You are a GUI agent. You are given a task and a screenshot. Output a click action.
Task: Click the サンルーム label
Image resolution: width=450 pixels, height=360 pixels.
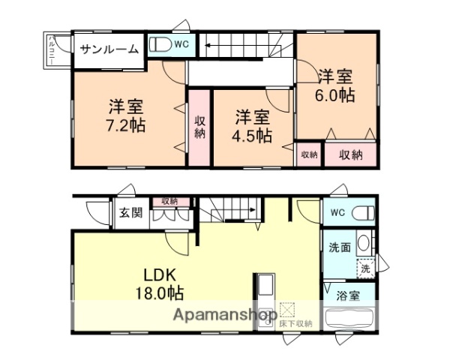[109, 50]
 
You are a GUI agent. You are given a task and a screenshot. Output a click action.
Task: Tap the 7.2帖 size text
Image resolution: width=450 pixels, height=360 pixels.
[125, 124]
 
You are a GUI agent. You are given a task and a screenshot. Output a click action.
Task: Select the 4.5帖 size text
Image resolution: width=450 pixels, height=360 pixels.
[252, 136]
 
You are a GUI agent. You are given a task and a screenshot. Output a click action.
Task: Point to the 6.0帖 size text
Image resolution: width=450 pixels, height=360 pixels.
[335, 95]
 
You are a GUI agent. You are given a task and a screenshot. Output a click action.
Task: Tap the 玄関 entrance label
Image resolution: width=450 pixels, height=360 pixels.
[130, 212]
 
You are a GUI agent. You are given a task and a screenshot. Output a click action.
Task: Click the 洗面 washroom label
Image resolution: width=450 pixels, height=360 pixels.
[337, 247]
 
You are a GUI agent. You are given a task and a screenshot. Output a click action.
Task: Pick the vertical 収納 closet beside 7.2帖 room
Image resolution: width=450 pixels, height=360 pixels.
[199, 127]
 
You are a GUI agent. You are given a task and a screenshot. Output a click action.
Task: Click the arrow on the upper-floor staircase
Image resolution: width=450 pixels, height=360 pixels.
[206, 50]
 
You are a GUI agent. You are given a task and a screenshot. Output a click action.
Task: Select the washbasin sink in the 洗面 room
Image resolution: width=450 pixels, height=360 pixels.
[362, 243]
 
